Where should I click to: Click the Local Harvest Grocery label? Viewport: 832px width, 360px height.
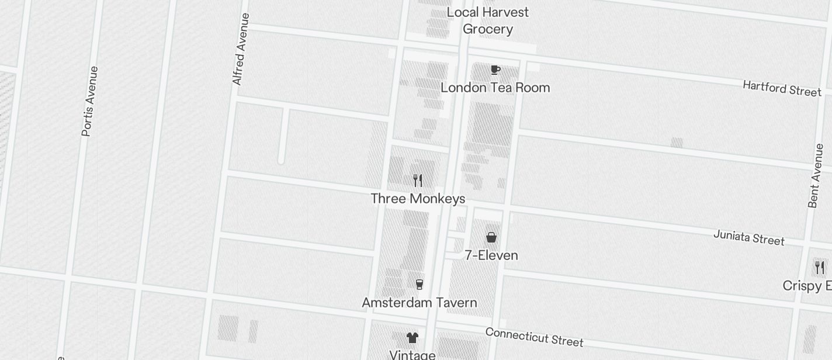[487, 20]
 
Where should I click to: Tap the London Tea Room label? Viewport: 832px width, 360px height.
[495, 88]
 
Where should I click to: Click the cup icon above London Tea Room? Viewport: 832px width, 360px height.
[495, 70]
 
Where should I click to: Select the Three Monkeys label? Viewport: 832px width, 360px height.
[418, 199]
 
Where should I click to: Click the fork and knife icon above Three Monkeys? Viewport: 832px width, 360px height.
[417, 180]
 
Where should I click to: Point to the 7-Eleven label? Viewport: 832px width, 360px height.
[491, 255]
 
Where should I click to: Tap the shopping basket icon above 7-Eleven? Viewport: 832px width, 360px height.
[491, 237]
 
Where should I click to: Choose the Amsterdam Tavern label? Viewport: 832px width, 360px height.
[420, 303]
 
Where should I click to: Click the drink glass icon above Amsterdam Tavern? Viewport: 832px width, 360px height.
[419, 285]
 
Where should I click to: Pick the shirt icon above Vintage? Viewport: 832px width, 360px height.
[412, 337]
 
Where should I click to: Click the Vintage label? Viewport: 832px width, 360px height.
[412, 355]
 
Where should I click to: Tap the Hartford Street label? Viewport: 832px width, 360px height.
[782, 88]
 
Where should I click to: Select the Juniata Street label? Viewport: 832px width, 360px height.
[748, 237]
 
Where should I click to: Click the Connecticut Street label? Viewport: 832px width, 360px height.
[534, 337]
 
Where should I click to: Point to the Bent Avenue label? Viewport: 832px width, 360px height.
[816, 175]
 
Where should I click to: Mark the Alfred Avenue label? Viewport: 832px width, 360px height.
[241, 49]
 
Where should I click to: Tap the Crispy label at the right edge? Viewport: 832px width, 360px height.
[807, 286]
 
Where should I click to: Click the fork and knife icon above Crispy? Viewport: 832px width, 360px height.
[820, 268]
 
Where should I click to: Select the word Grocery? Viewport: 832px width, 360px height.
[488, 29]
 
